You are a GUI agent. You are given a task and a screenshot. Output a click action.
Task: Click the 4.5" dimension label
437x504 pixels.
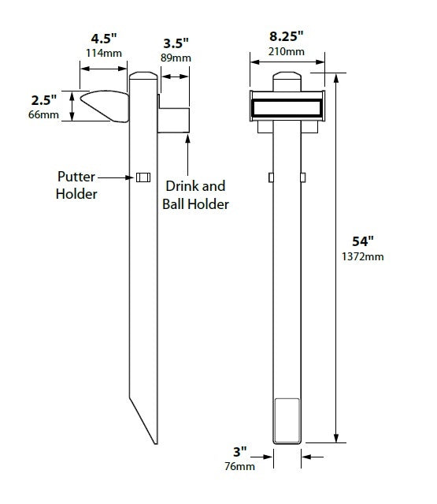(x=104, y=38)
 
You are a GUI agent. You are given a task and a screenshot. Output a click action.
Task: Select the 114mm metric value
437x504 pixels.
(x=104, y=53)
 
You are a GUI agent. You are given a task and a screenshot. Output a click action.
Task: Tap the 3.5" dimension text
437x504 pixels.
(x=176, y=43)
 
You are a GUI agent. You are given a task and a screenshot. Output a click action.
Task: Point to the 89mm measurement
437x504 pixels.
(x=176, y=58)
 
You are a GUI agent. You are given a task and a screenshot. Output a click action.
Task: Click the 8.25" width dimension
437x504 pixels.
(x=286, y=36)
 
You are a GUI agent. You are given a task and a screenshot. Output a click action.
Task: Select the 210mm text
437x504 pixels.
(x=286, y=51)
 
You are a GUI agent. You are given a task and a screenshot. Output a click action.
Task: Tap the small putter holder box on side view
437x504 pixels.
(x=143, y=177)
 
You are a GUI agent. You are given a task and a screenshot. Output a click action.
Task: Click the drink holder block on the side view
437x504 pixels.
(x=174, y=118)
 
